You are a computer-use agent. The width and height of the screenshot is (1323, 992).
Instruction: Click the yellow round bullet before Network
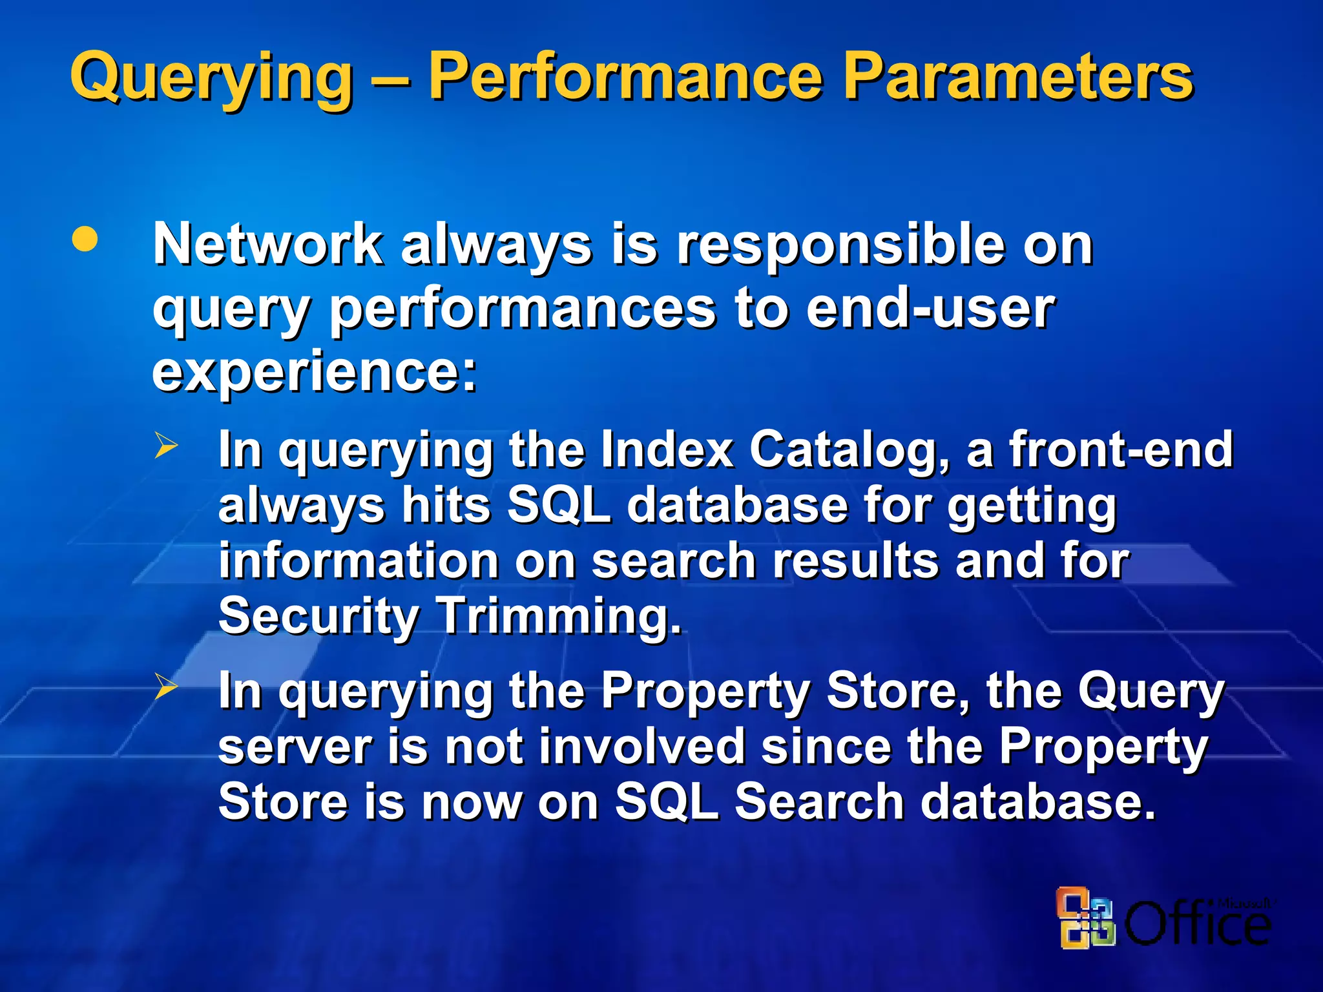click(85, 240)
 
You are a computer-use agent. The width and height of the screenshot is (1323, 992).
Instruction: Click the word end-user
click(930, 308)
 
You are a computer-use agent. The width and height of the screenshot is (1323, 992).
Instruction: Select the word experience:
click(315, 373)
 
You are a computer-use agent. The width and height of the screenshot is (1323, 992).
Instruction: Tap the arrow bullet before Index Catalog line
click(165, 446)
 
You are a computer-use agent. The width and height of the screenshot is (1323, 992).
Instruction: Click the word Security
click(318, 615)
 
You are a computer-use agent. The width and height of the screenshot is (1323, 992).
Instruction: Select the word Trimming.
click(559, 615)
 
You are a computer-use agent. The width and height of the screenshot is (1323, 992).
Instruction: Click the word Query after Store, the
click(1151, 692)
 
